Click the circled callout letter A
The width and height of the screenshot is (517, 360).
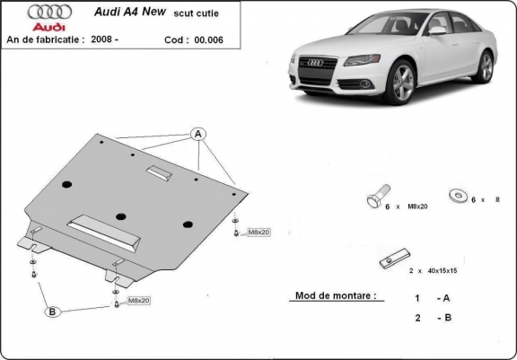tap(198, 135)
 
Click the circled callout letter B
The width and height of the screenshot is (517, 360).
tap(53, 311)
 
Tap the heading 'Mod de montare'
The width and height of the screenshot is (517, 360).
tap(334, 294)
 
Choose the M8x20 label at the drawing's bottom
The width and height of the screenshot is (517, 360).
tap(138, 301)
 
